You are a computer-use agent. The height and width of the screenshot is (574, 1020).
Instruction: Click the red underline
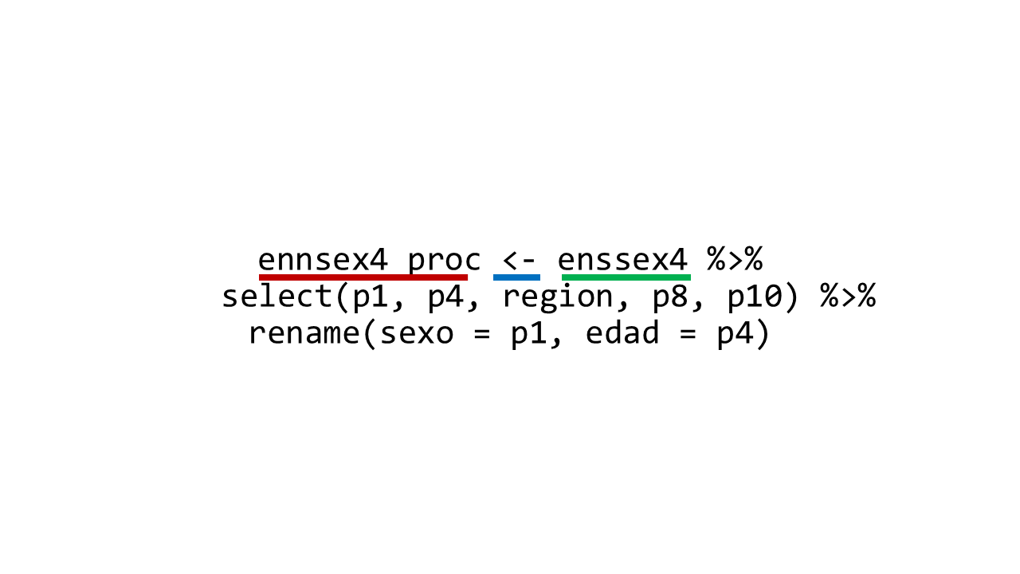point(363,277)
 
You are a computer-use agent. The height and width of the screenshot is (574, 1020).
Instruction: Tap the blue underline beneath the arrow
point(516,277)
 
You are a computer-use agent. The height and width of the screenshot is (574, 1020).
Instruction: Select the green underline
point(626,277)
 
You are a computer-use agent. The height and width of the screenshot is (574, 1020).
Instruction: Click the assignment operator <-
point(519,261)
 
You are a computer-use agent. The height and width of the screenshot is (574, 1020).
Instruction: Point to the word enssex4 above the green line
point(622,260)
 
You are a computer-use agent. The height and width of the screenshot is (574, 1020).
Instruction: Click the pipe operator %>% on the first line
point(735,259)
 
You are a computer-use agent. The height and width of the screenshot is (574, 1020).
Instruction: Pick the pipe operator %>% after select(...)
point(848,296)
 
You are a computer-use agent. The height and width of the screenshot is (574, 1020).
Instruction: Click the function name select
point(277,295)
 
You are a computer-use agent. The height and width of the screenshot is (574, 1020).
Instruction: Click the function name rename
point(304,333)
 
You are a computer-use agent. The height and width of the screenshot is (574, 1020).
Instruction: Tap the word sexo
point(417,334)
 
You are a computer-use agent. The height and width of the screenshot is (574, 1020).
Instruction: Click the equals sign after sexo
point(482,334)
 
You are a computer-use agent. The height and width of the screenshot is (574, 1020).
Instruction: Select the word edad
point(622,332)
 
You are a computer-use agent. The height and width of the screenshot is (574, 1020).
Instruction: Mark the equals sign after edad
point(688,334)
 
